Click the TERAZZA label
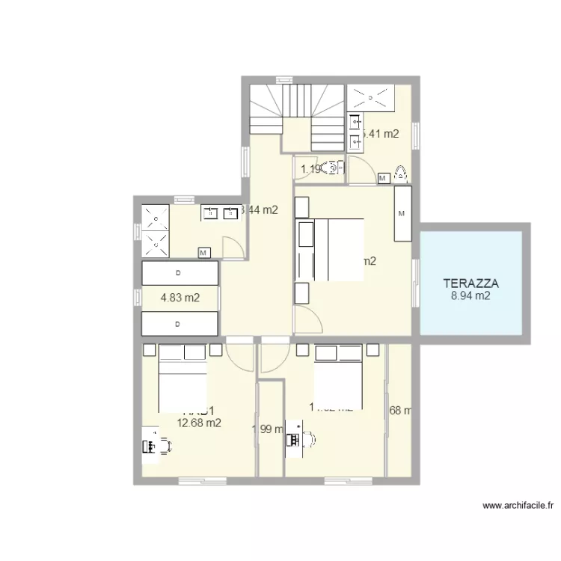click(x=470, y=283)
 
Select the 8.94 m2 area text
click(x=470, y=295)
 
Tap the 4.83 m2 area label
click(x=180, y=298)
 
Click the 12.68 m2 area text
click(x=198, y=423)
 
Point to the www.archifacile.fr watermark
click(x=518, y=506)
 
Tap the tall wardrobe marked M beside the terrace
click(x=402, y=213)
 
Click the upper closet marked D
click(x=179, y=273)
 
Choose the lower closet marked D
click(x=179, y=324)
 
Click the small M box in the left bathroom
click(x=203, y=253)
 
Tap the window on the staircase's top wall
click(x=284, y=79)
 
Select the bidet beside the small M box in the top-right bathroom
click(x=400, y=174)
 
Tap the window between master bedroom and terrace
click(x=416, y=283)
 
